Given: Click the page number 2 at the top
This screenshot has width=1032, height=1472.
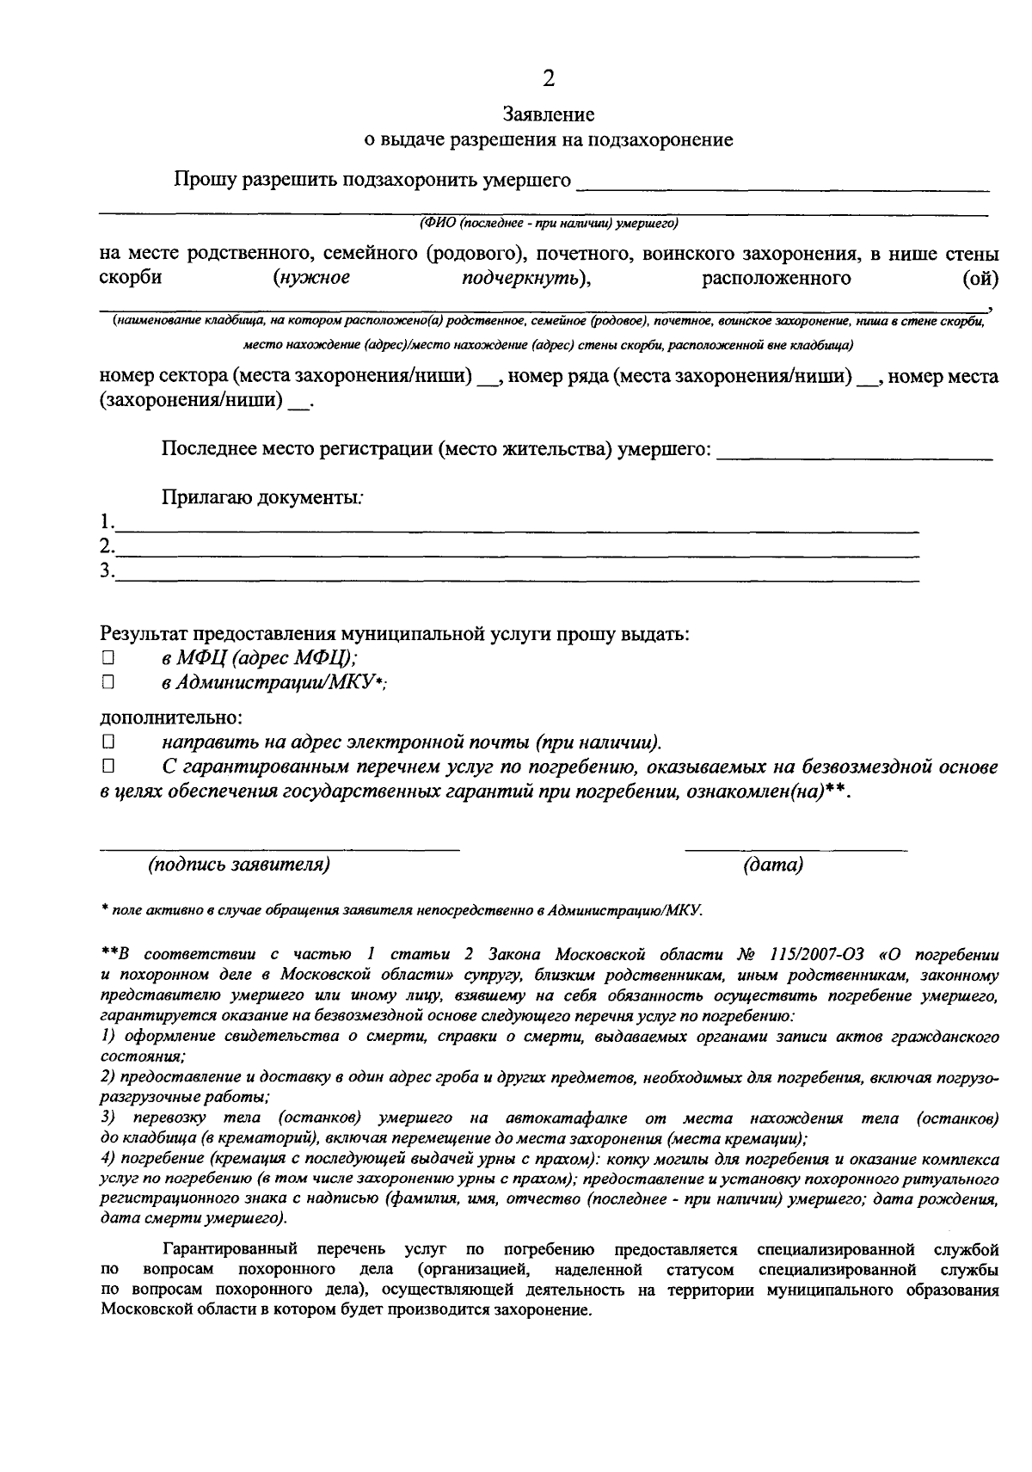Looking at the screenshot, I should point(548,79).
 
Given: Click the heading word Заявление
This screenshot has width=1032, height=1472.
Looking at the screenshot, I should point(548,114).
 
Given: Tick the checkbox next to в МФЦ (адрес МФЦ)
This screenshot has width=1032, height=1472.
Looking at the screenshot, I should point(107,658).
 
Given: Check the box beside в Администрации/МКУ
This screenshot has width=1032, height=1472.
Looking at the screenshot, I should point(107,682).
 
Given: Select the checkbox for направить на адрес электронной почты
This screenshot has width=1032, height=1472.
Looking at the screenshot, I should point(107,741).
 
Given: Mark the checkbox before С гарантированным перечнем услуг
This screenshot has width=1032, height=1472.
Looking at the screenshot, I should point(107,766).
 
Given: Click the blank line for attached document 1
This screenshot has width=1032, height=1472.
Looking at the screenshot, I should point(516,525).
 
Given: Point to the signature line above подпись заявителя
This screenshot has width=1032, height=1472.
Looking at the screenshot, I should point(279,847).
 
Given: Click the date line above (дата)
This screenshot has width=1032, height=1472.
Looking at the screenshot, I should point(795,847).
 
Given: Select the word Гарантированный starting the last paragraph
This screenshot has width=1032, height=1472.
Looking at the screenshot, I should point(230,1248).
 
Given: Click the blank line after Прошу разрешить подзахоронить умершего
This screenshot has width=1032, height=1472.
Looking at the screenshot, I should point(783,184).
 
